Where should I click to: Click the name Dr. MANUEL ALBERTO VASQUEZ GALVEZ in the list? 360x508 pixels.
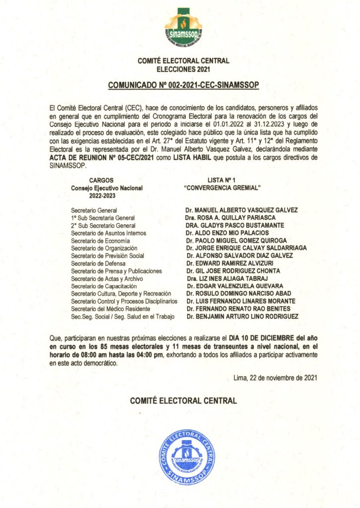pyautogui.click(x=241, y=210)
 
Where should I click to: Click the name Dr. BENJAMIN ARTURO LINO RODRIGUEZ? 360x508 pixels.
pyautogui.click(x=242, y=316)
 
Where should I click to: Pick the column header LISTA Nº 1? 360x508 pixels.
pyautogui.click(x=222, y=181)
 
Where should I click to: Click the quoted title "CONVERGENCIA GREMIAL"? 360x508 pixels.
pyautogui.click(x=222, y=188)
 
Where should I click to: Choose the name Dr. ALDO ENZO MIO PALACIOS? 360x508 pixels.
pyautogui.click(x=228, y=233)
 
